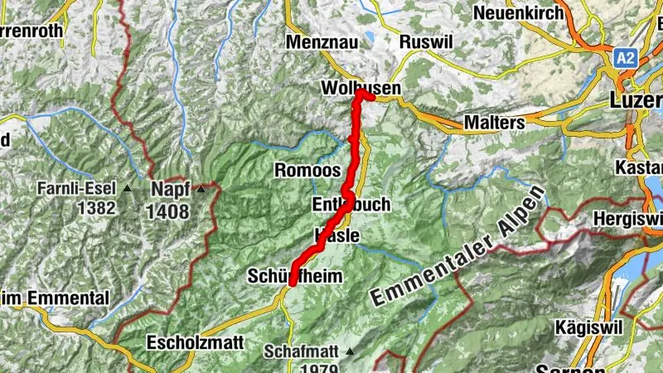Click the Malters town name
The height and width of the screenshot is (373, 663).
[x=495, y=123]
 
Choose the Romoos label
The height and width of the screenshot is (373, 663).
[x=307, y=172]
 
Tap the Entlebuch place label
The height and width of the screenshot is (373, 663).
[x=351, y=205]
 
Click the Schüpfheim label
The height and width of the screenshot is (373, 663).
[x=294, y=278]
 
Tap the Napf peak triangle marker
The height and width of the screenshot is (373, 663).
[x=202, y=190]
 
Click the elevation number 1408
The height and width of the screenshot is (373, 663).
[x=169, y=211]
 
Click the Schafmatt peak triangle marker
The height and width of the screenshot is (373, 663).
[x=350, y=351]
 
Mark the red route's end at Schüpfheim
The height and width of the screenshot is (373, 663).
[x=293, y=291]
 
